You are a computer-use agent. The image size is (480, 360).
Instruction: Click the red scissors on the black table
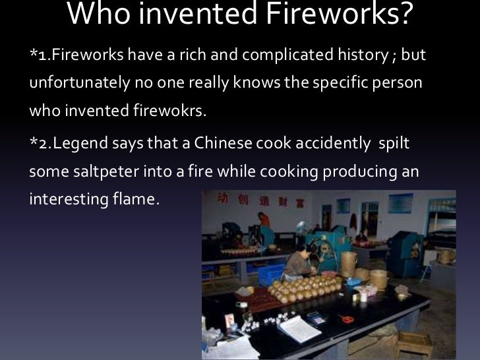point(347,318)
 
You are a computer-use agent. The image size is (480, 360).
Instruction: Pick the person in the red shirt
point(264,223)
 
